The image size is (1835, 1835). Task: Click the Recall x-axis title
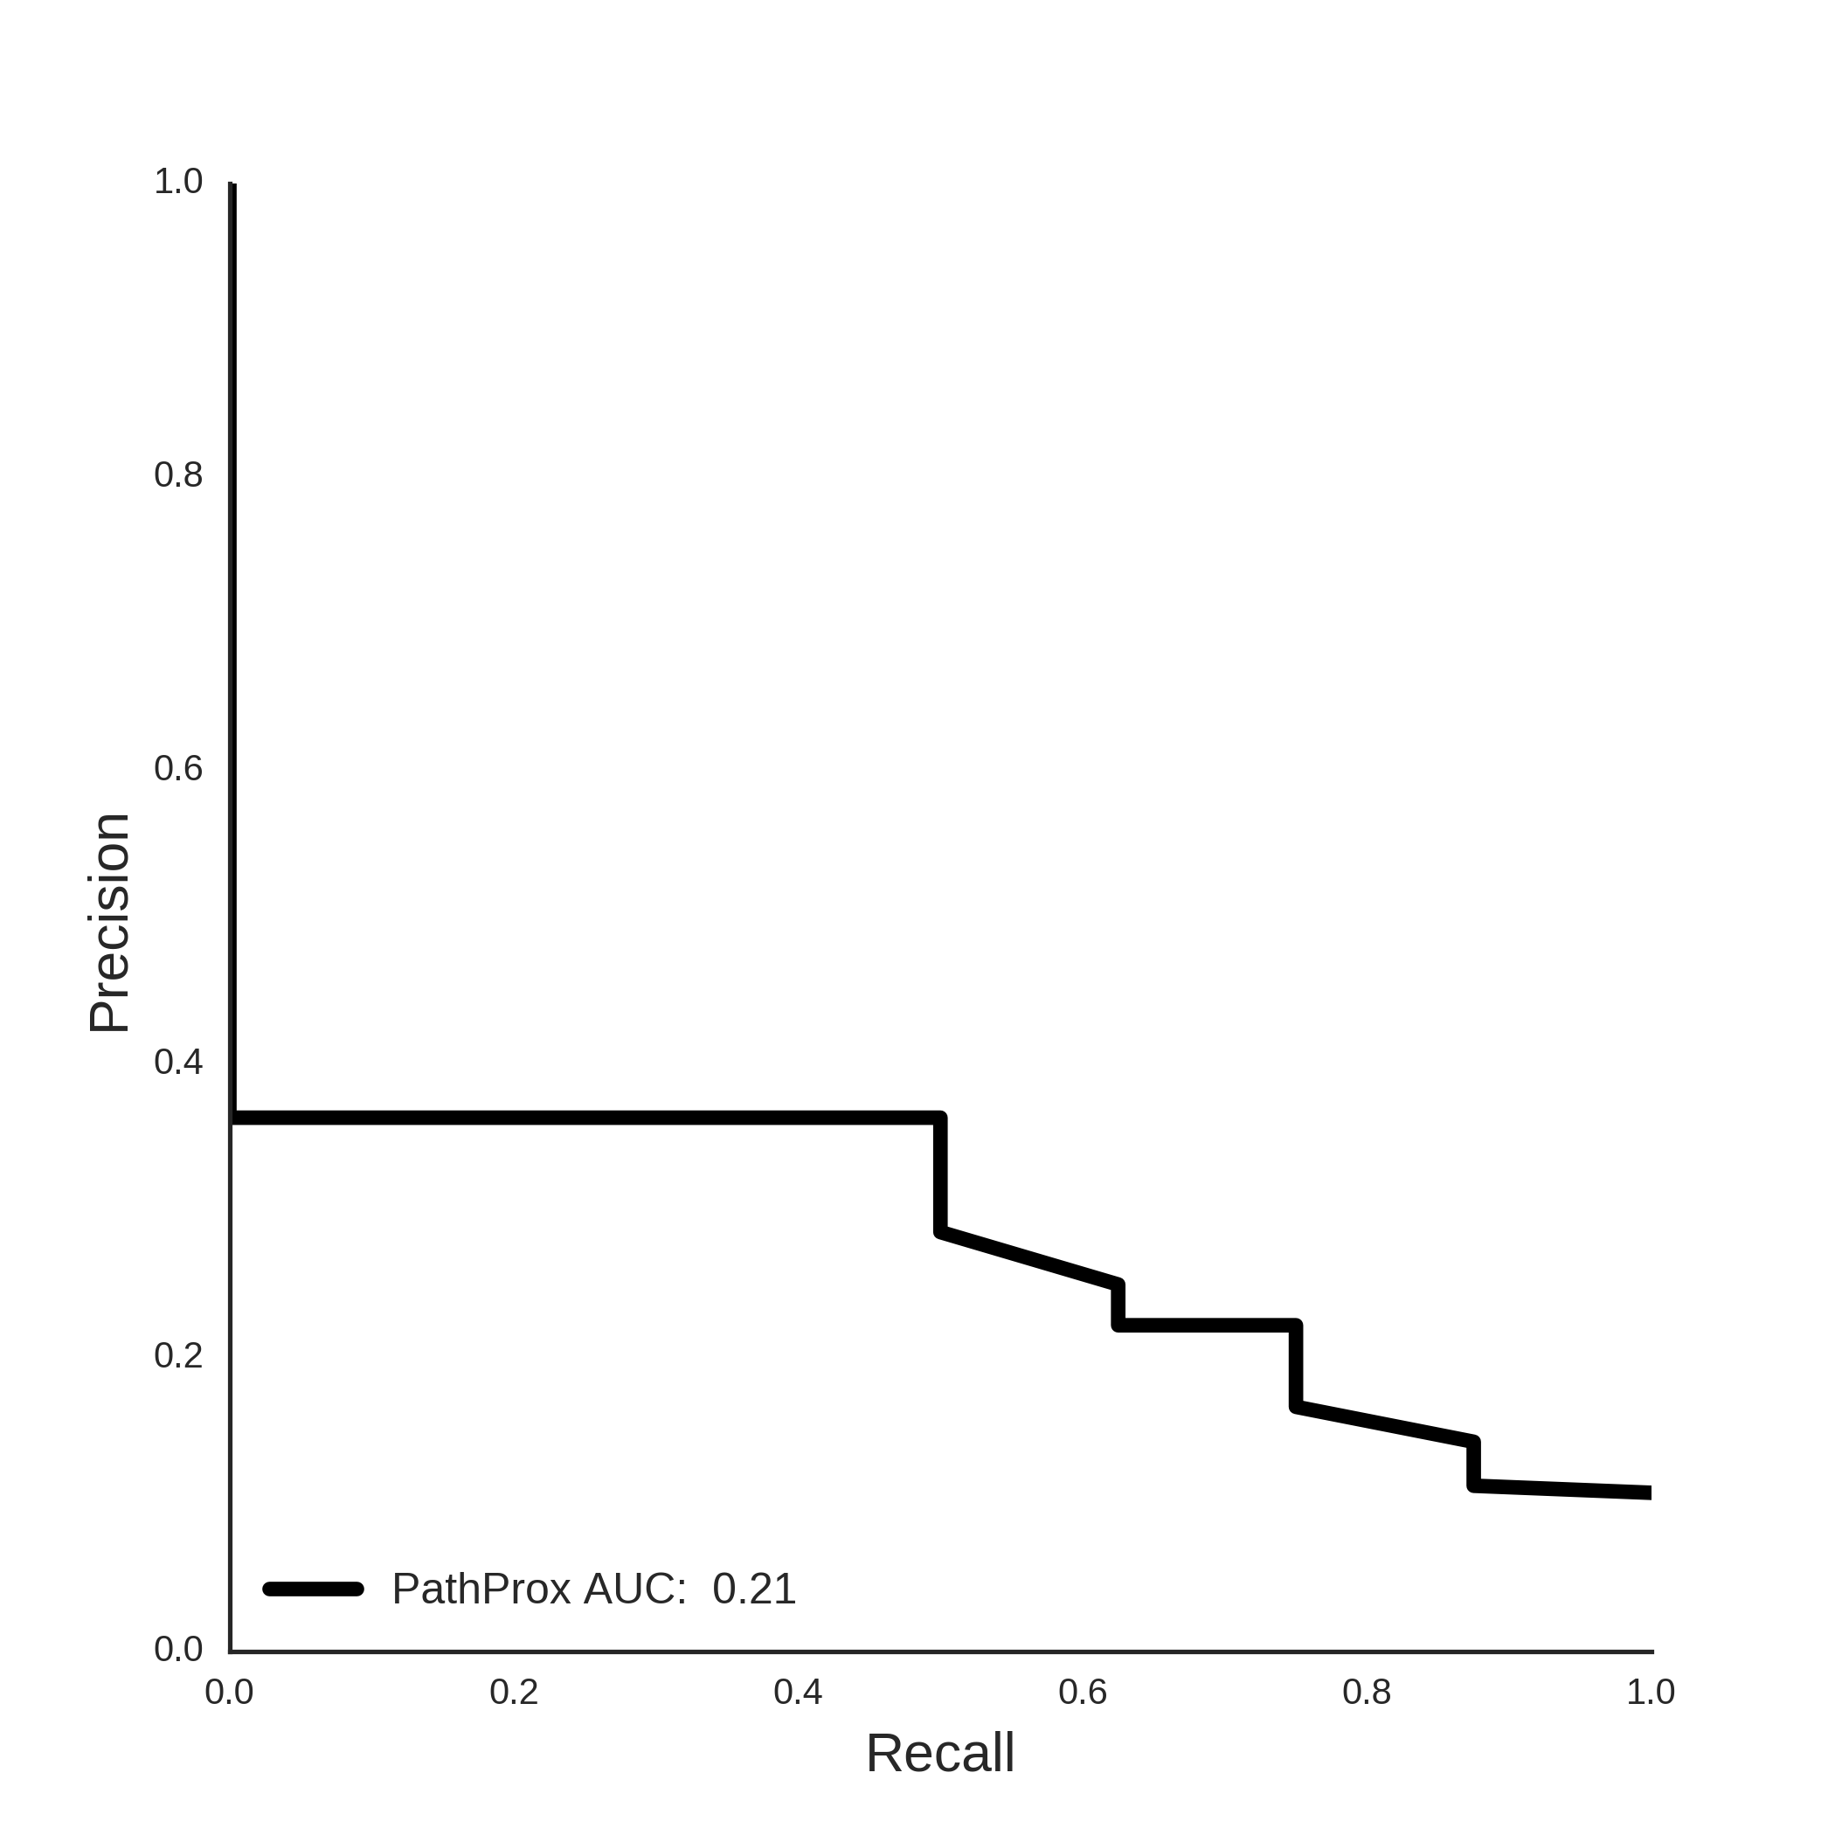point(939,1754)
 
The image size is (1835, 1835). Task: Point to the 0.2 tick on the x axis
point(514,1693)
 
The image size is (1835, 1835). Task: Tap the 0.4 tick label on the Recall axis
point(798,1693)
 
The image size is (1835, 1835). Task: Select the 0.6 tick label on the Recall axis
point(1083,1693)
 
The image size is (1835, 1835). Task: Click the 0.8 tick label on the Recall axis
point(1367,1693)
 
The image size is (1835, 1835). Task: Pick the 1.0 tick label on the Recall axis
point(1651,1693)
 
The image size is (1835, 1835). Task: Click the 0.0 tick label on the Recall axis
point(229,1693)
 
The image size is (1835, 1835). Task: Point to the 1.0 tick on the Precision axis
point(178,182)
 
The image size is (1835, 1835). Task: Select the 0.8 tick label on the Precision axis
point(178,474)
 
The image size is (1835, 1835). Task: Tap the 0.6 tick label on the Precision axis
point(178,768)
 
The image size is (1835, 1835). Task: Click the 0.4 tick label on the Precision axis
point(178,1062)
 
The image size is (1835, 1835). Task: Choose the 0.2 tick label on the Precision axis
point(178,1355)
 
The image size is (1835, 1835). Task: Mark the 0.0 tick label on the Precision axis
point(178,1650)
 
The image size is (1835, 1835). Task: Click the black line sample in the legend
point(314,1589)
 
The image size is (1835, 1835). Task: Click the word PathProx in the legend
point(481,1589)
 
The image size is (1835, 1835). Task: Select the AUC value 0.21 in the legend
point(754,1589)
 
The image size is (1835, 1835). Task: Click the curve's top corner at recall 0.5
point(940,1118)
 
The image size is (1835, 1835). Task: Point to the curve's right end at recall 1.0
point(1650,1493)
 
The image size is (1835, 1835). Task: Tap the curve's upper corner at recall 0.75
point(1296,1325)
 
